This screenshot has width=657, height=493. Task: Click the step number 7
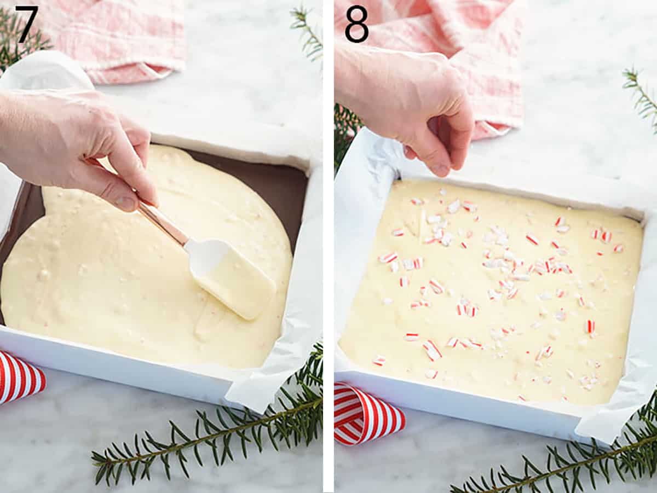[x=26, y=24]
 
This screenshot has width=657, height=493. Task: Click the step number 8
[x=356, y=24]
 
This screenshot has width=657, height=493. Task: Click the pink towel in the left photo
[x=120, y=38]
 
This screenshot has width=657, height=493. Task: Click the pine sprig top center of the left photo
[x=309, y=33]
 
